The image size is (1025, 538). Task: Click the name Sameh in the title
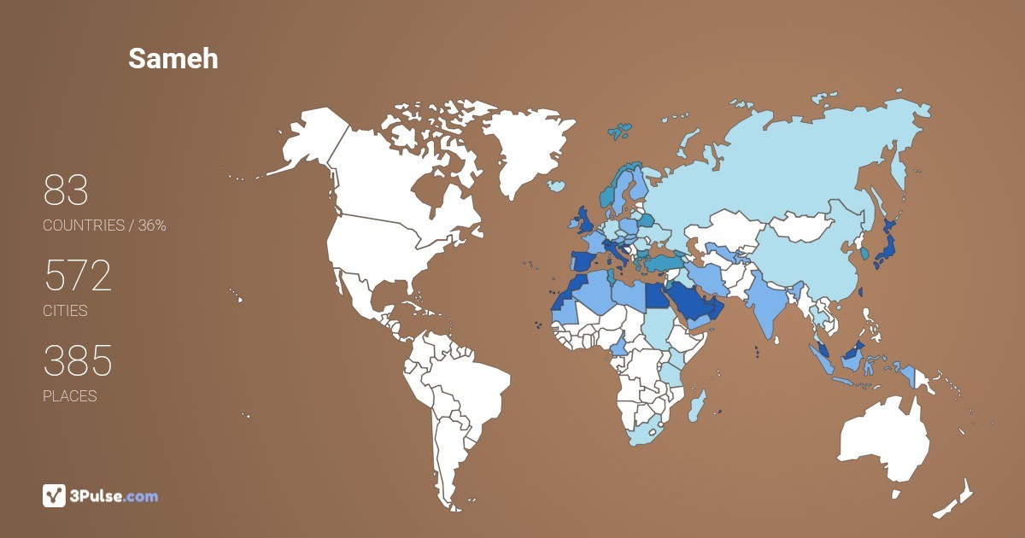point(173,58)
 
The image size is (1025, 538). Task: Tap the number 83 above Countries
point(66,191)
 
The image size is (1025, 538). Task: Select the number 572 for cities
point(78,277)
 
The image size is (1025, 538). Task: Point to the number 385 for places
point(78,362)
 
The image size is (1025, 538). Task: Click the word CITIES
point(65,311)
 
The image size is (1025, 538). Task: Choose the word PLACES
point(69,396)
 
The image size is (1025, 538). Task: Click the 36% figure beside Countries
point(152,225)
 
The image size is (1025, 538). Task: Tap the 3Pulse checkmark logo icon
point(54,495)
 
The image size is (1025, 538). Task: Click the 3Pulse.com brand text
point(114,496)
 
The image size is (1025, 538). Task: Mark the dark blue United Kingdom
point(588,219)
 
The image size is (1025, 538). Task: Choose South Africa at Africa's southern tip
point(646,431)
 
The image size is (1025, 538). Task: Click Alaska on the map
point(303,145)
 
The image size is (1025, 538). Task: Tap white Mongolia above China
point(807,227)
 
